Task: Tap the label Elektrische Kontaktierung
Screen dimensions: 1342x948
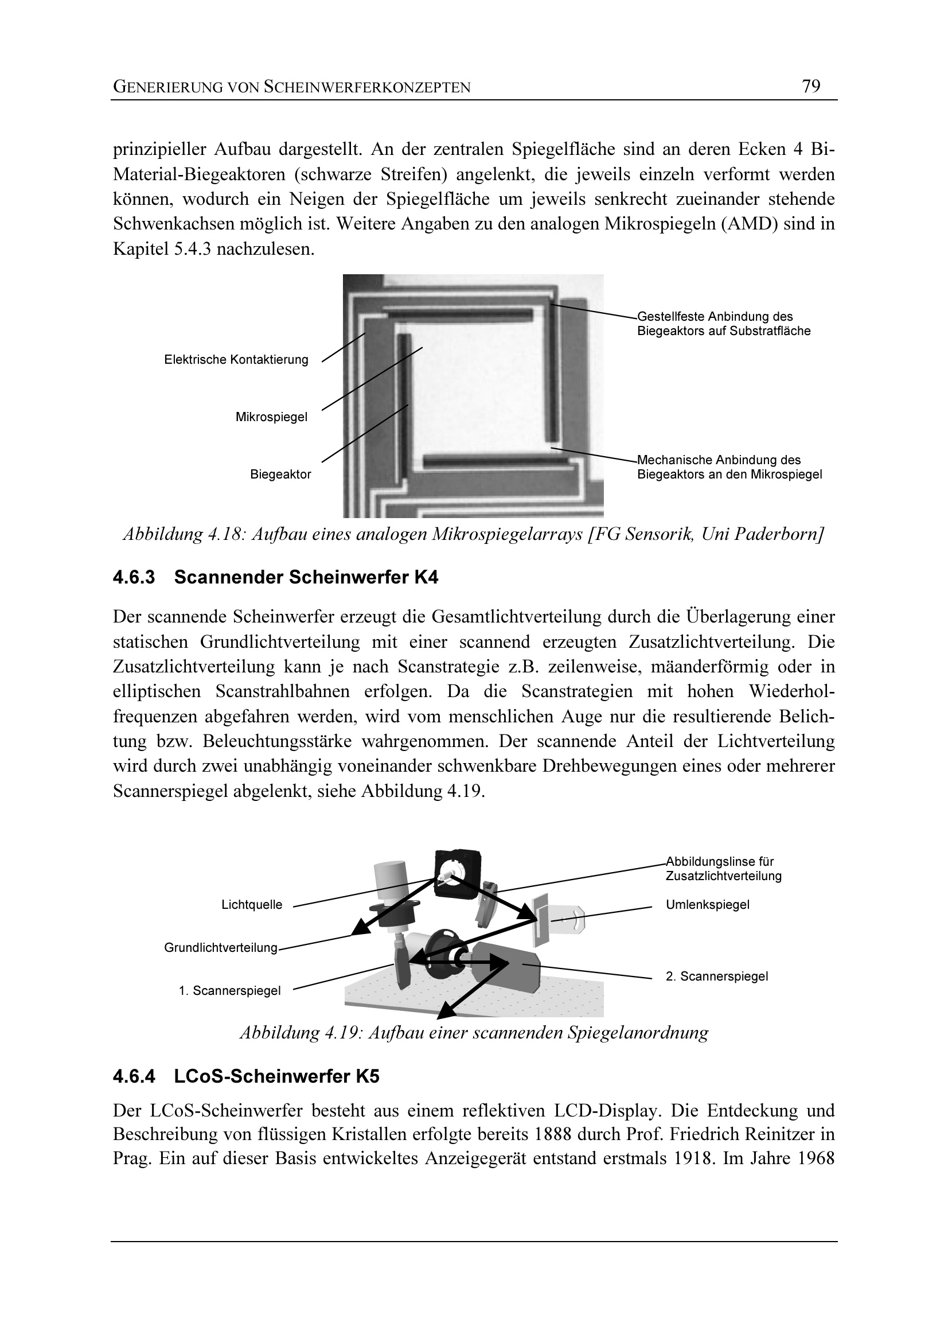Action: coord(236,360)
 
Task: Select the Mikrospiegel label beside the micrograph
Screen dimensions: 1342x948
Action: coord(271,417)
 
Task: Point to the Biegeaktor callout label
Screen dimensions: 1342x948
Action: coord(280,474)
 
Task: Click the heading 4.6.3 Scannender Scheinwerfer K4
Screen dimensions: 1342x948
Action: coord(275,578)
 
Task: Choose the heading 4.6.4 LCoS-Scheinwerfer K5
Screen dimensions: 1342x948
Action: coord(246,1076)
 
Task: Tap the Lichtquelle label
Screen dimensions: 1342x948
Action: coord(252,905)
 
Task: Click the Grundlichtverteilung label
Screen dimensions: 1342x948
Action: coord(221,947)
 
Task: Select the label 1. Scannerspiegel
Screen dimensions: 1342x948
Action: coord(229,990)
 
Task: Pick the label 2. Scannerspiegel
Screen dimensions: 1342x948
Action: coord(717,976)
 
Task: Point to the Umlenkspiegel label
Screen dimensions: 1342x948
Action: coord(707,905)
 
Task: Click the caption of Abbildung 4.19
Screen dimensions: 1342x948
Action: coord(474,1032)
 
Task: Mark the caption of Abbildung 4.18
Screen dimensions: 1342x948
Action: coord(474,535)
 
